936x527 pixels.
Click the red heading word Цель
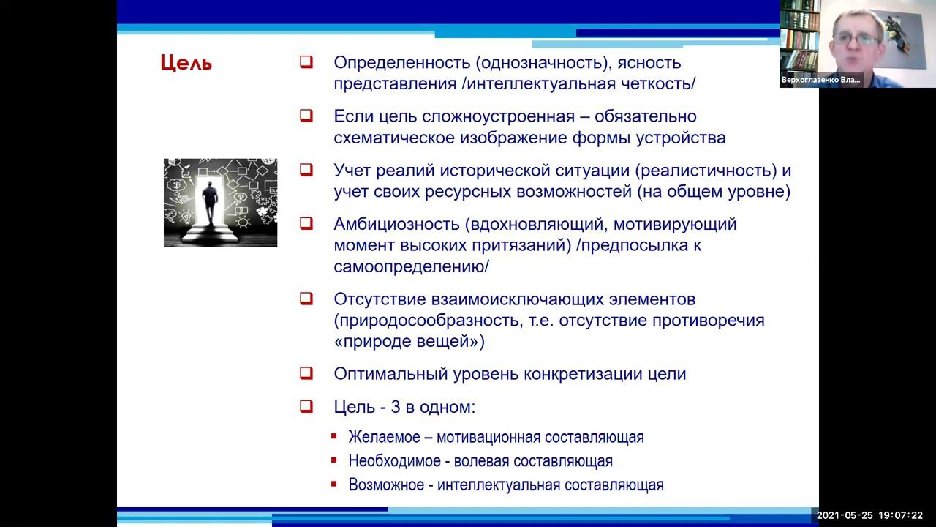[x=186, y=63]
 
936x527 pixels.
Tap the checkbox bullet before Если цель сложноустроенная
[x=306, y=116]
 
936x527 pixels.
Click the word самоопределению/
[x=411, y=266]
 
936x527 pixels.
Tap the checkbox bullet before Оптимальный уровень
[x=306, y=373]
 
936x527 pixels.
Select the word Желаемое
[x=384, y=437]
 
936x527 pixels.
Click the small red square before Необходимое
[x=333, y=460]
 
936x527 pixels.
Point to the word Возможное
[x=385, y=485]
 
